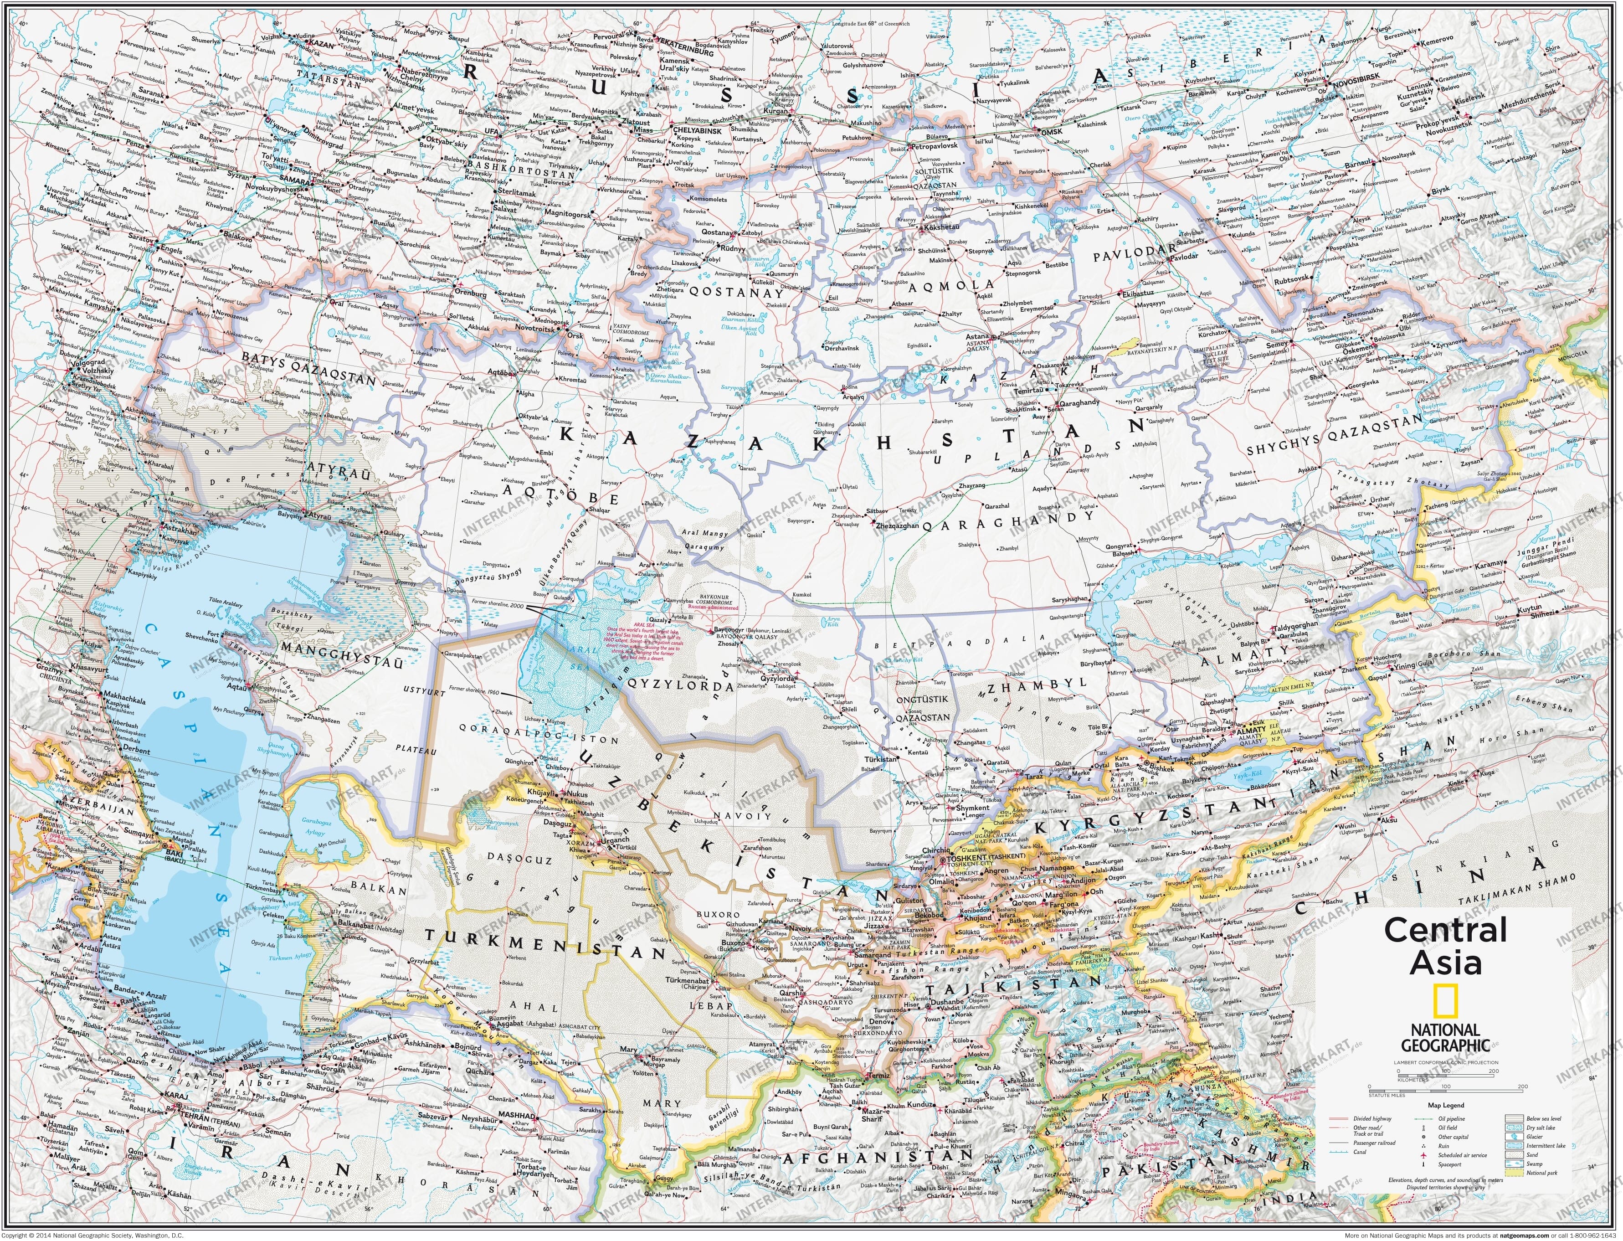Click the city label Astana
[x=976, y=336]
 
